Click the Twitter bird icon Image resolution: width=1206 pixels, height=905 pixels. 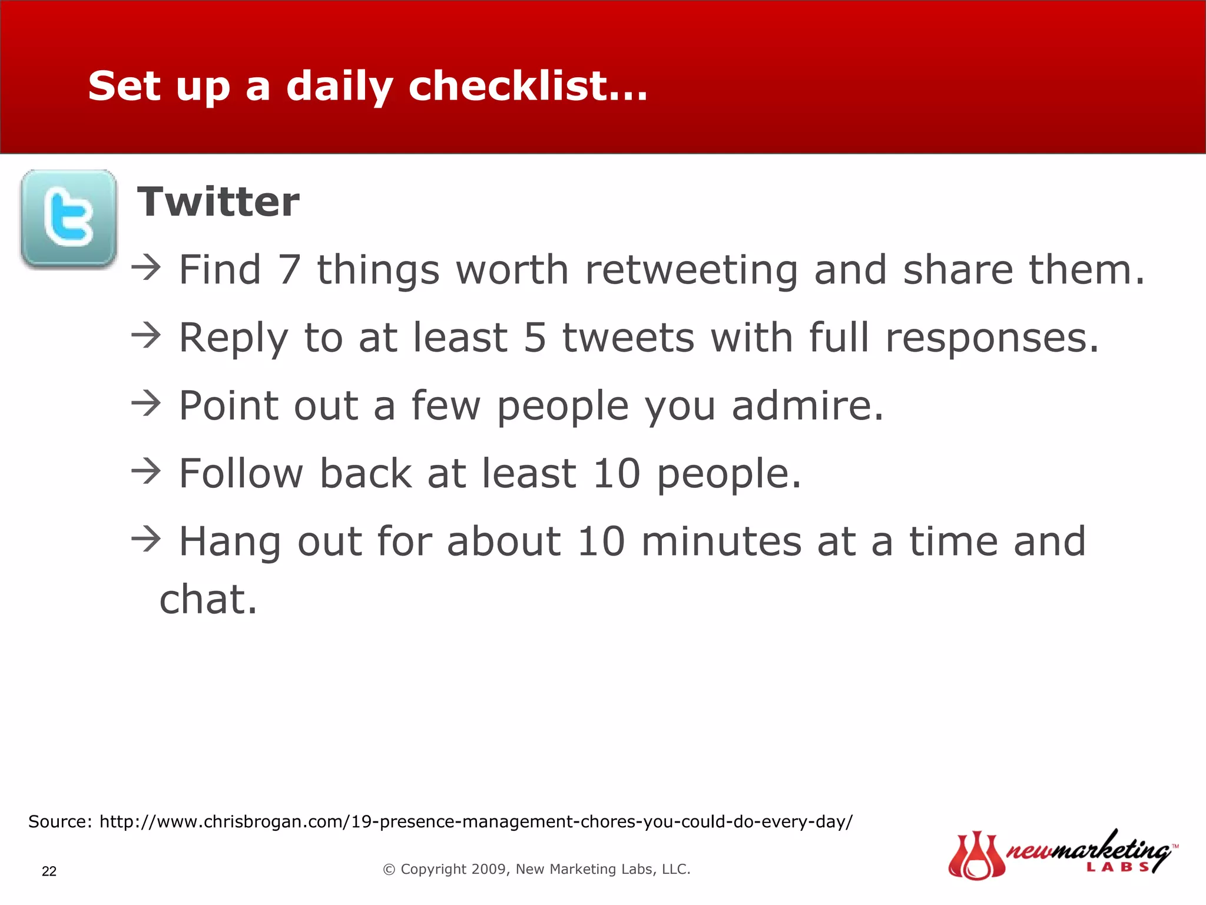[x=69, y=219]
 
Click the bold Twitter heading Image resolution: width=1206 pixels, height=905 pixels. [x=218, y=202]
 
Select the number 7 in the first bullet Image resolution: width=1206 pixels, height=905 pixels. [x=290, y=270]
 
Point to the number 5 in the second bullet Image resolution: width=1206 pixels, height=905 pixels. [x=535, y=338]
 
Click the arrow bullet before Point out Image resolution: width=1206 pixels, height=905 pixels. [x=146, y=404]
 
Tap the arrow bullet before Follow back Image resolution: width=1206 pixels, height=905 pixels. [x=146, y=471]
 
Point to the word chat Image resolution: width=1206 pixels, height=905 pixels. [x=208, y=599]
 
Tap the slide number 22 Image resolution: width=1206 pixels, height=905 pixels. [x=49, y=871]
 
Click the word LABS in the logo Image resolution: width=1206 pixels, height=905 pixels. [x=1117, y=867]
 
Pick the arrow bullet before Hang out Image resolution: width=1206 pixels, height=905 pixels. [x=146, y=539]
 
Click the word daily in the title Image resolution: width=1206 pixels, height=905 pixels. [x=339, y=87]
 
